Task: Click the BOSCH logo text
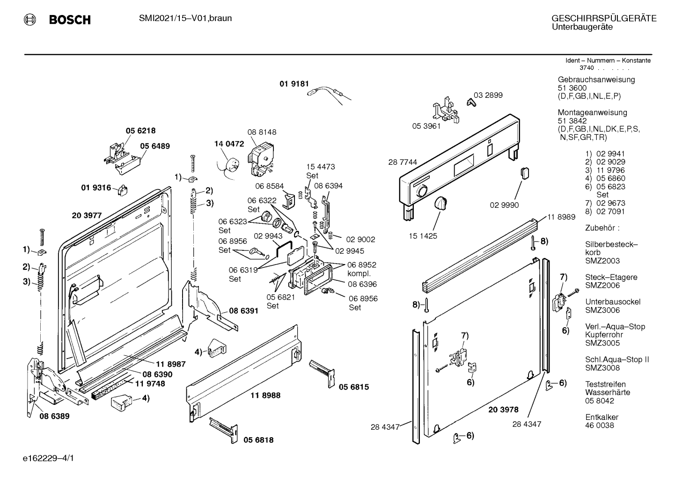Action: [x=70, y=20]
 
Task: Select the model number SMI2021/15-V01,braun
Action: [x=185, y=18]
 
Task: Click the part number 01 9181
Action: [x=294, y=84]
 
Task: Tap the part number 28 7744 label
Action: [x=403, y=162]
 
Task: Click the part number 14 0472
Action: [x=229, y=144]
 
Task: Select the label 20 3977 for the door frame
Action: [x=87, y=215]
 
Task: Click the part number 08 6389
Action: [x=55, y=416]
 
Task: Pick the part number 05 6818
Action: [x=258, y=440]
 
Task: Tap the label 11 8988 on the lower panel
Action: [x=265, y=396]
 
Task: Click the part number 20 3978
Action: [x=504, y=410]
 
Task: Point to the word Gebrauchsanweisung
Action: [x=596, y=80]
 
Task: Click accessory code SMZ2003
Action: [x=602, y=261]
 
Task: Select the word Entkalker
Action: [x=602, y=417]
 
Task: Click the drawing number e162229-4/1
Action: [x=49, y=458]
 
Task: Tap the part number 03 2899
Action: [x=488, y=95]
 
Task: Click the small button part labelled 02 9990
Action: [x=525, y=174]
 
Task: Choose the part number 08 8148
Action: [x=262, y=132]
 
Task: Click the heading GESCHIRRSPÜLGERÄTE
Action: [x=604, y=18]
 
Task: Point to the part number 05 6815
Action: [x=354, y=387]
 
